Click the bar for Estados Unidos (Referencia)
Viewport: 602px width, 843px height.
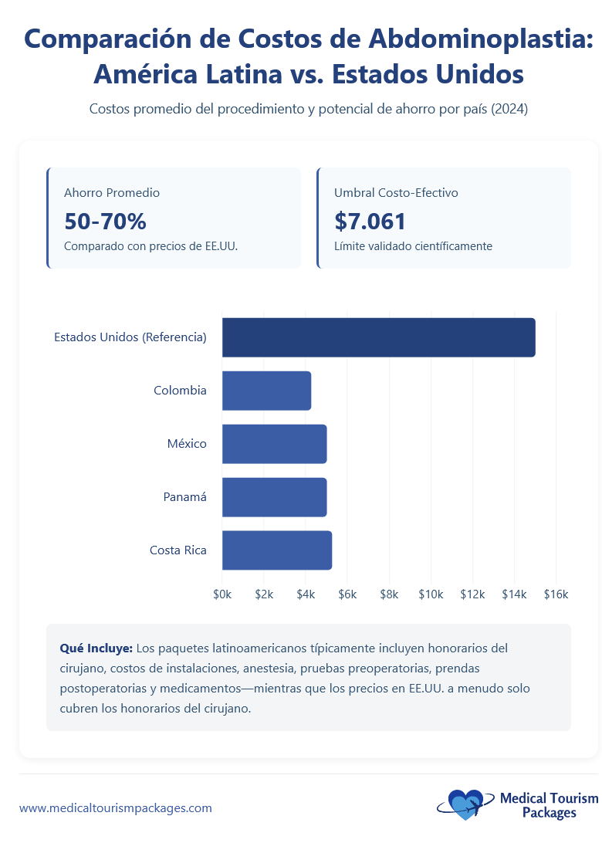tap(378, 337)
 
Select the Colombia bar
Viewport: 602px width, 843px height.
tap(266, 391)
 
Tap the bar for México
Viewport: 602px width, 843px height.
tap(274, 444)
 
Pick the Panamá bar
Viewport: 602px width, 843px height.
tap(274, 497)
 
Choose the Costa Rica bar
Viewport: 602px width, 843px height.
tap(276, 550)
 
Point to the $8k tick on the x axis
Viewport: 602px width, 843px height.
tap(389, 594)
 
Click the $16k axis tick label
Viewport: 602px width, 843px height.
tap(556, 594)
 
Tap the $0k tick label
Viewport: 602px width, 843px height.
tap(222, 594)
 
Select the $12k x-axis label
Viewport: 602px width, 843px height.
tap(472, 594)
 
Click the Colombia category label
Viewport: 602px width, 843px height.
tap(180, 391)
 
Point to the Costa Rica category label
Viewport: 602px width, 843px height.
tap(178, 550)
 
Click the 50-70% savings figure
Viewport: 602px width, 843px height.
tap(105, 222)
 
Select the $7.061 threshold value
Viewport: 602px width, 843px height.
tap(370, 222)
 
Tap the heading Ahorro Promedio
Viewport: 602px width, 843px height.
tap(112, 193)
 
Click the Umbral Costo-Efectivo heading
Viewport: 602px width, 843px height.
tap(396, 193)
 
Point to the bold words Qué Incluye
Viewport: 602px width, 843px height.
tap(96, 648)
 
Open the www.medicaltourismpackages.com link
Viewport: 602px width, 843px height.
tap(116, 808)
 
